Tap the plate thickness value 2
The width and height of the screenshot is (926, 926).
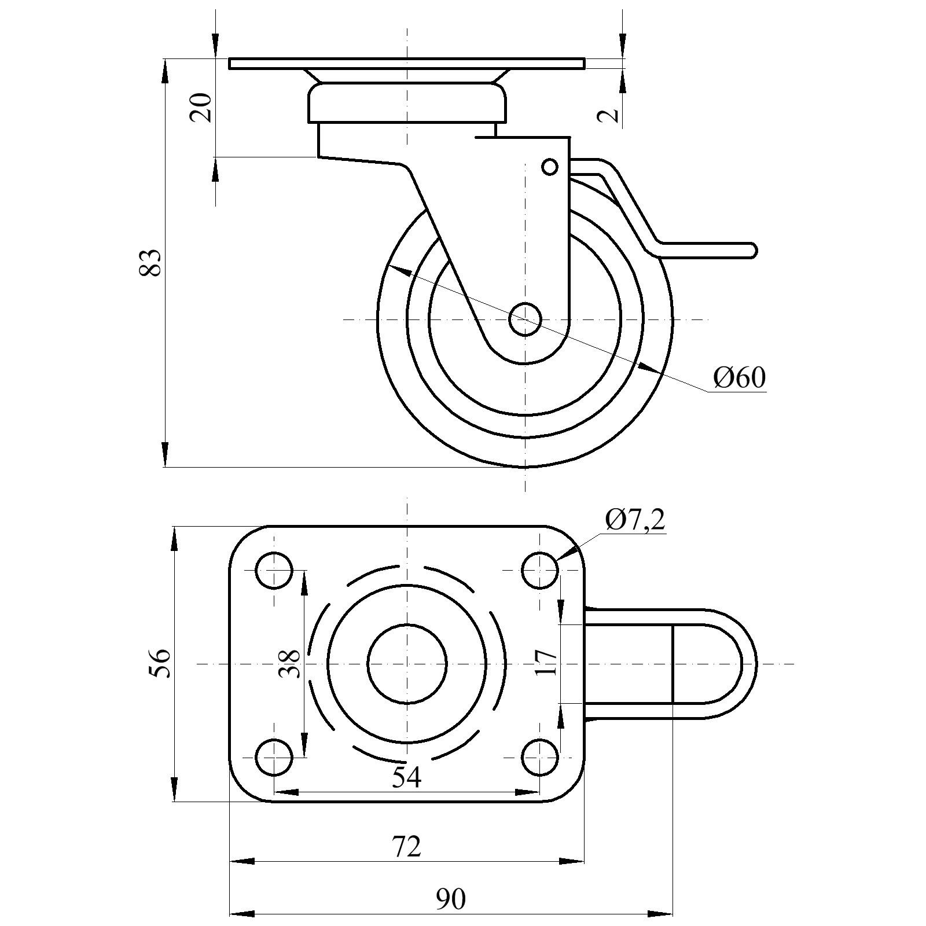click(x=608, y=115)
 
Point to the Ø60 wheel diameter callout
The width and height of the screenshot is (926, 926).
click(x=739, y=378)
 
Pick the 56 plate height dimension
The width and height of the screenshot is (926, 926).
click(x=160, y=663)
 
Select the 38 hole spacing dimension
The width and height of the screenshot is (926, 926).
click(x=289, y=663)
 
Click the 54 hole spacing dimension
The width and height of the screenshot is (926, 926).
click(x=406, y=777)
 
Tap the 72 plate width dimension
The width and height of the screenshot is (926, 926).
click(x=406, y=847)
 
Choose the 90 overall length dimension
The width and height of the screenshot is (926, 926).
click(x=450, y=899)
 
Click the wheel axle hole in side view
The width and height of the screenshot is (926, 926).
click(x=525, y=319)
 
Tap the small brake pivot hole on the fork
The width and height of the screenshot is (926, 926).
click(x=550, y=167)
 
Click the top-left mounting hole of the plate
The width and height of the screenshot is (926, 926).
click(x=274, y=571)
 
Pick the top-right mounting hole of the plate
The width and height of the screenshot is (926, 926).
click(x=540, y=571)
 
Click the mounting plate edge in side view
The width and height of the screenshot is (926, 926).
click(x=406, y=63)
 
